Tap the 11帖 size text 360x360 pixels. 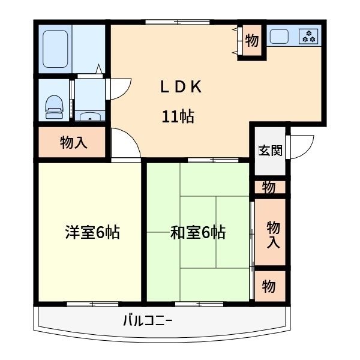tap(178, 117)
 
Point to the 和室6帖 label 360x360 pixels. tap(197, 233)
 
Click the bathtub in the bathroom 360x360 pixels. tap(56, 48)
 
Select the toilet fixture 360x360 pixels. tap(55, 104)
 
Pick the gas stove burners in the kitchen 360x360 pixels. tap(310, 37)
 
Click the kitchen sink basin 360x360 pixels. tap(280, 37)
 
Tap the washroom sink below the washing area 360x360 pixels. tap(89, 116)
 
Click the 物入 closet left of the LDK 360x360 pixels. tap(71, 143)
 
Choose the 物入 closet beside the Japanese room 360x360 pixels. tap(272, 234)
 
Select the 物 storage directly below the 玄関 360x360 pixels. tap(268, 188)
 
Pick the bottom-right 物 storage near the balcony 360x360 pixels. tap(268, 287)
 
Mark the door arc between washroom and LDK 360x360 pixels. tap(118, 87)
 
